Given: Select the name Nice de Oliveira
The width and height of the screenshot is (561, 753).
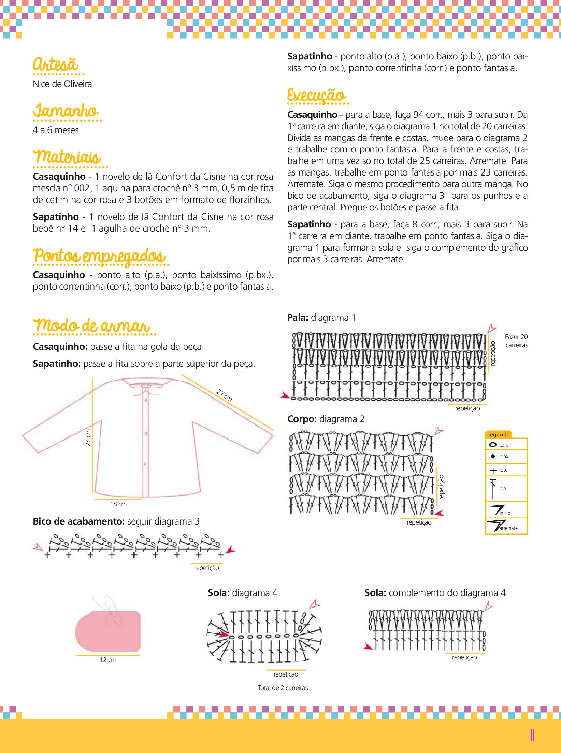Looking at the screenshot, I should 62,84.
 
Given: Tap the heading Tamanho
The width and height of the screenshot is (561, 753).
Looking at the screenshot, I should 66,111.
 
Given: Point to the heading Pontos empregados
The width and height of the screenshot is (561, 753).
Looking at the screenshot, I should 99,256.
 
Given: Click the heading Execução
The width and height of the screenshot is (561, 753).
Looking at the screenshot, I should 316,95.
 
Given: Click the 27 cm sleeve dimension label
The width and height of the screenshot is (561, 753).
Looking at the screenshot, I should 224,395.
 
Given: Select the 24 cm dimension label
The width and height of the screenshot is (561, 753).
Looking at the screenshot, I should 88,437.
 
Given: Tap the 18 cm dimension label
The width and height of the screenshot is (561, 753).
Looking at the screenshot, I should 118,504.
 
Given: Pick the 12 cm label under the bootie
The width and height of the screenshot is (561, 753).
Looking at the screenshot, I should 108,660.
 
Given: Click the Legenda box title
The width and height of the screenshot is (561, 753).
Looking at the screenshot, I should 498,434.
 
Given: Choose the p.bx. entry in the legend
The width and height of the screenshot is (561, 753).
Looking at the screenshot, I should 504,456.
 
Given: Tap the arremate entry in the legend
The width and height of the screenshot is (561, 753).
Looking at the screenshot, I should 508,528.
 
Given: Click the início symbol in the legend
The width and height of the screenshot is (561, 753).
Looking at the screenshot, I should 496,510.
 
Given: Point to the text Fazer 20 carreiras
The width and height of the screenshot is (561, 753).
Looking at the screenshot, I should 516,341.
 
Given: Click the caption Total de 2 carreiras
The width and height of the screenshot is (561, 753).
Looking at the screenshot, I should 283,688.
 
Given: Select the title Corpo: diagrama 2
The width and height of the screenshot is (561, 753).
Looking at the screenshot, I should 326,419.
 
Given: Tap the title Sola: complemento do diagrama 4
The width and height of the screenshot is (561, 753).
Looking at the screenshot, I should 435,592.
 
